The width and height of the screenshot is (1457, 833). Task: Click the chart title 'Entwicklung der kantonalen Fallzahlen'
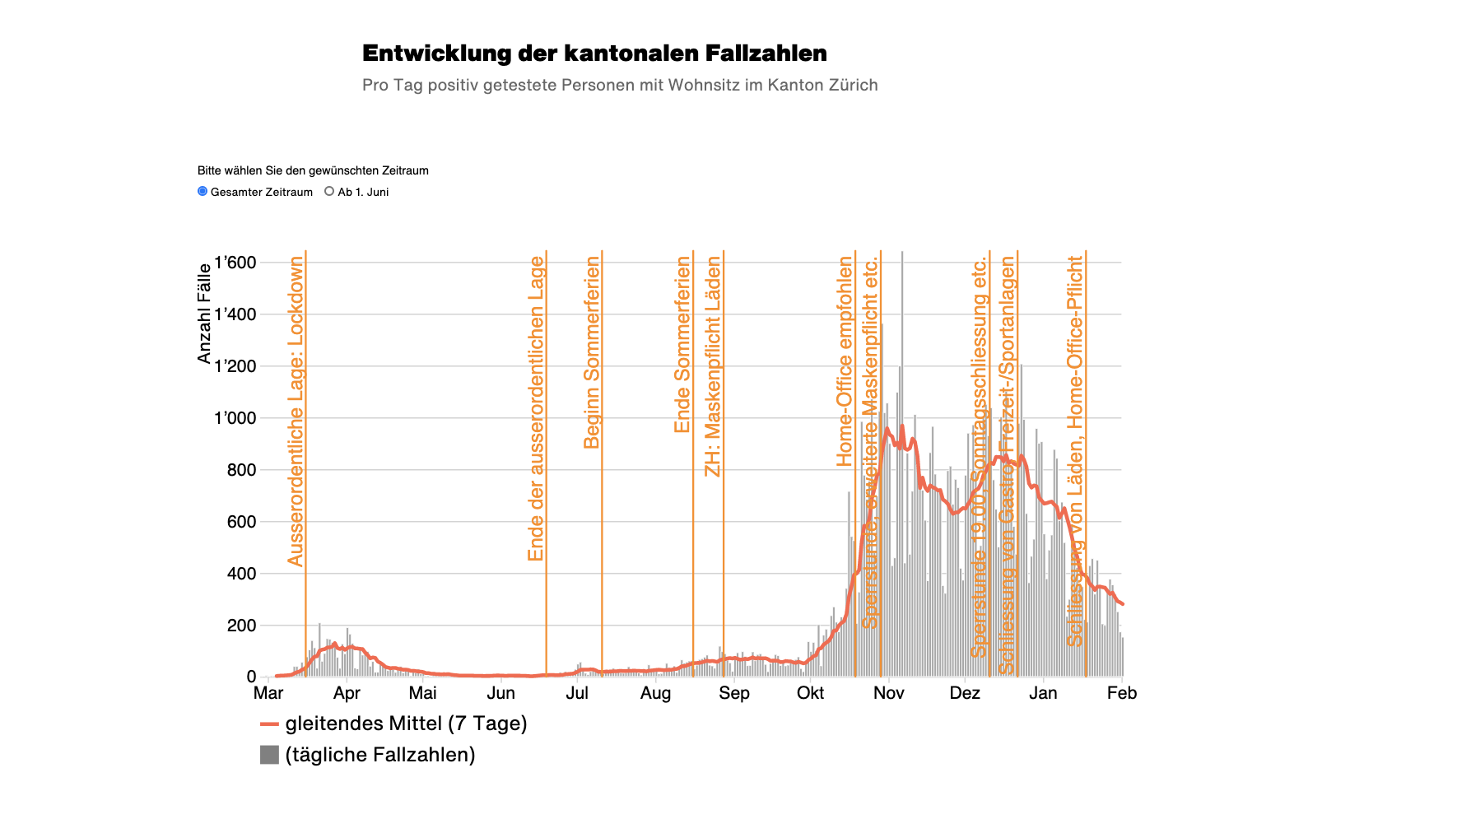click(x=594, y=54)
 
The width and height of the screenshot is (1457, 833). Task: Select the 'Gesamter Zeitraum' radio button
click(x=202, y=191)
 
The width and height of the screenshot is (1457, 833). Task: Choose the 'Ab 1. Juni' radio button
click(x=329, y=191)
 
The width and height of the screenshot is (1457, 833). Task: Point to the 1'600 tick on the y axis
click(x=235, y=263)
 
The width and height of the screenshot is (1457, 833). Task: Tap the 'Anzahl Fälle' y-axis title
click(x=204, y=314)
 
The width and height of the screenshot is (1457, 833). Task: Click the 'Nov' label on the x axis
click(x=888, y=693)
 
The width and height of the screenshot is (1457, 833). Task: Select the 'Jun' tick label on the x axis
click(x=500, y=693)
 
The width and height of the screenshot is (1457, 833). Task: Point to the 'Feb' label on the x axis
click(x=1121, y=693)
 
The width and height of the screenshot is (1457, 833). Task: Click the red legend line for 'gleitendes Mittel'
click(x=270, y=724)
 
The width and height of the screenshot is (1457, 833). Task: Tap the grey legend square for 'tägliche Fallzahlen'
click(x=269, y=755)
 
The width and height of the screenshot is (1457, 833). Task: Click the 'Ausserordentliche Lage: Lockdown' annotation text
click(x=296, y=412)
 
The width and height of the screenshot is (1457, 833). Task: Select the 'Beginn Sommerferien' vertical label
click(x=592, y=352)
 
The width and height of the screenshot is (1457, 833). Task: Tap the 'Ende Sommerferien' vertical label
click(x=682, y=344)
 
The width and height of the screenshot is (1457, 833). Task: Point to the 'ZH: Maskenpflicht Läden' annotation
click(x=713, y=366)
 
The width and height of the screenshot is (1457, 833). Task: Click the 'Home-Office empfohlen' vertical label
click(x=845, y=361)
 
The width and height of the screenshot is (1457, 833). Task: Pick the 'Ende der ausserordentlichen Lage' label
click(x=536, y=408)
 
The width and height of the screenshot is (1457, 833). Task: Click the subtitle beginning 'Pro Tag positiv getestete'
click(x=620, y=85)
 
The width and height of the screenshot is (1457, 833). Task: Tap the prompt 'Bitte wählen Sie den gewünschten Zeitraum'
click(x=313, y=170)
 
